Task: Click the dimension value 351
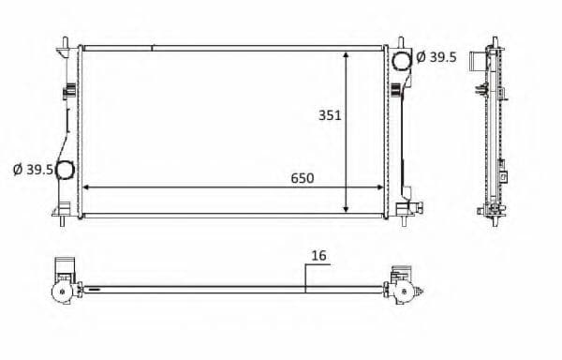click(x=330, y=115)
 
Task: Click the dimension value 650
click(x=303, y=178)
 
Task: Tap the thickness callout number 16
click(x=319, y=256)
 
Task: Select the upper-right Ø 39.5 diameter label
click(x=436, y=57)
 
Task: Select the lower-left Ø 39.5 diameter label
click(x=33, y=170)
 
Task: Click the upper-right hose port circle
click(x=402, y=60)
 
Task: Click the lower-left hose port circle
click(x=65, y=170)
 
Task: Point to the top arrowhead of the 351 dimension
click(x=346, y=55)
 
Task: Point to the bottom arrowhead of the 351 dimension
click(x=346, y=209)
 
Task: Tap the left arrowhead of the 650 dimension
click(x=86, y=187)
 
